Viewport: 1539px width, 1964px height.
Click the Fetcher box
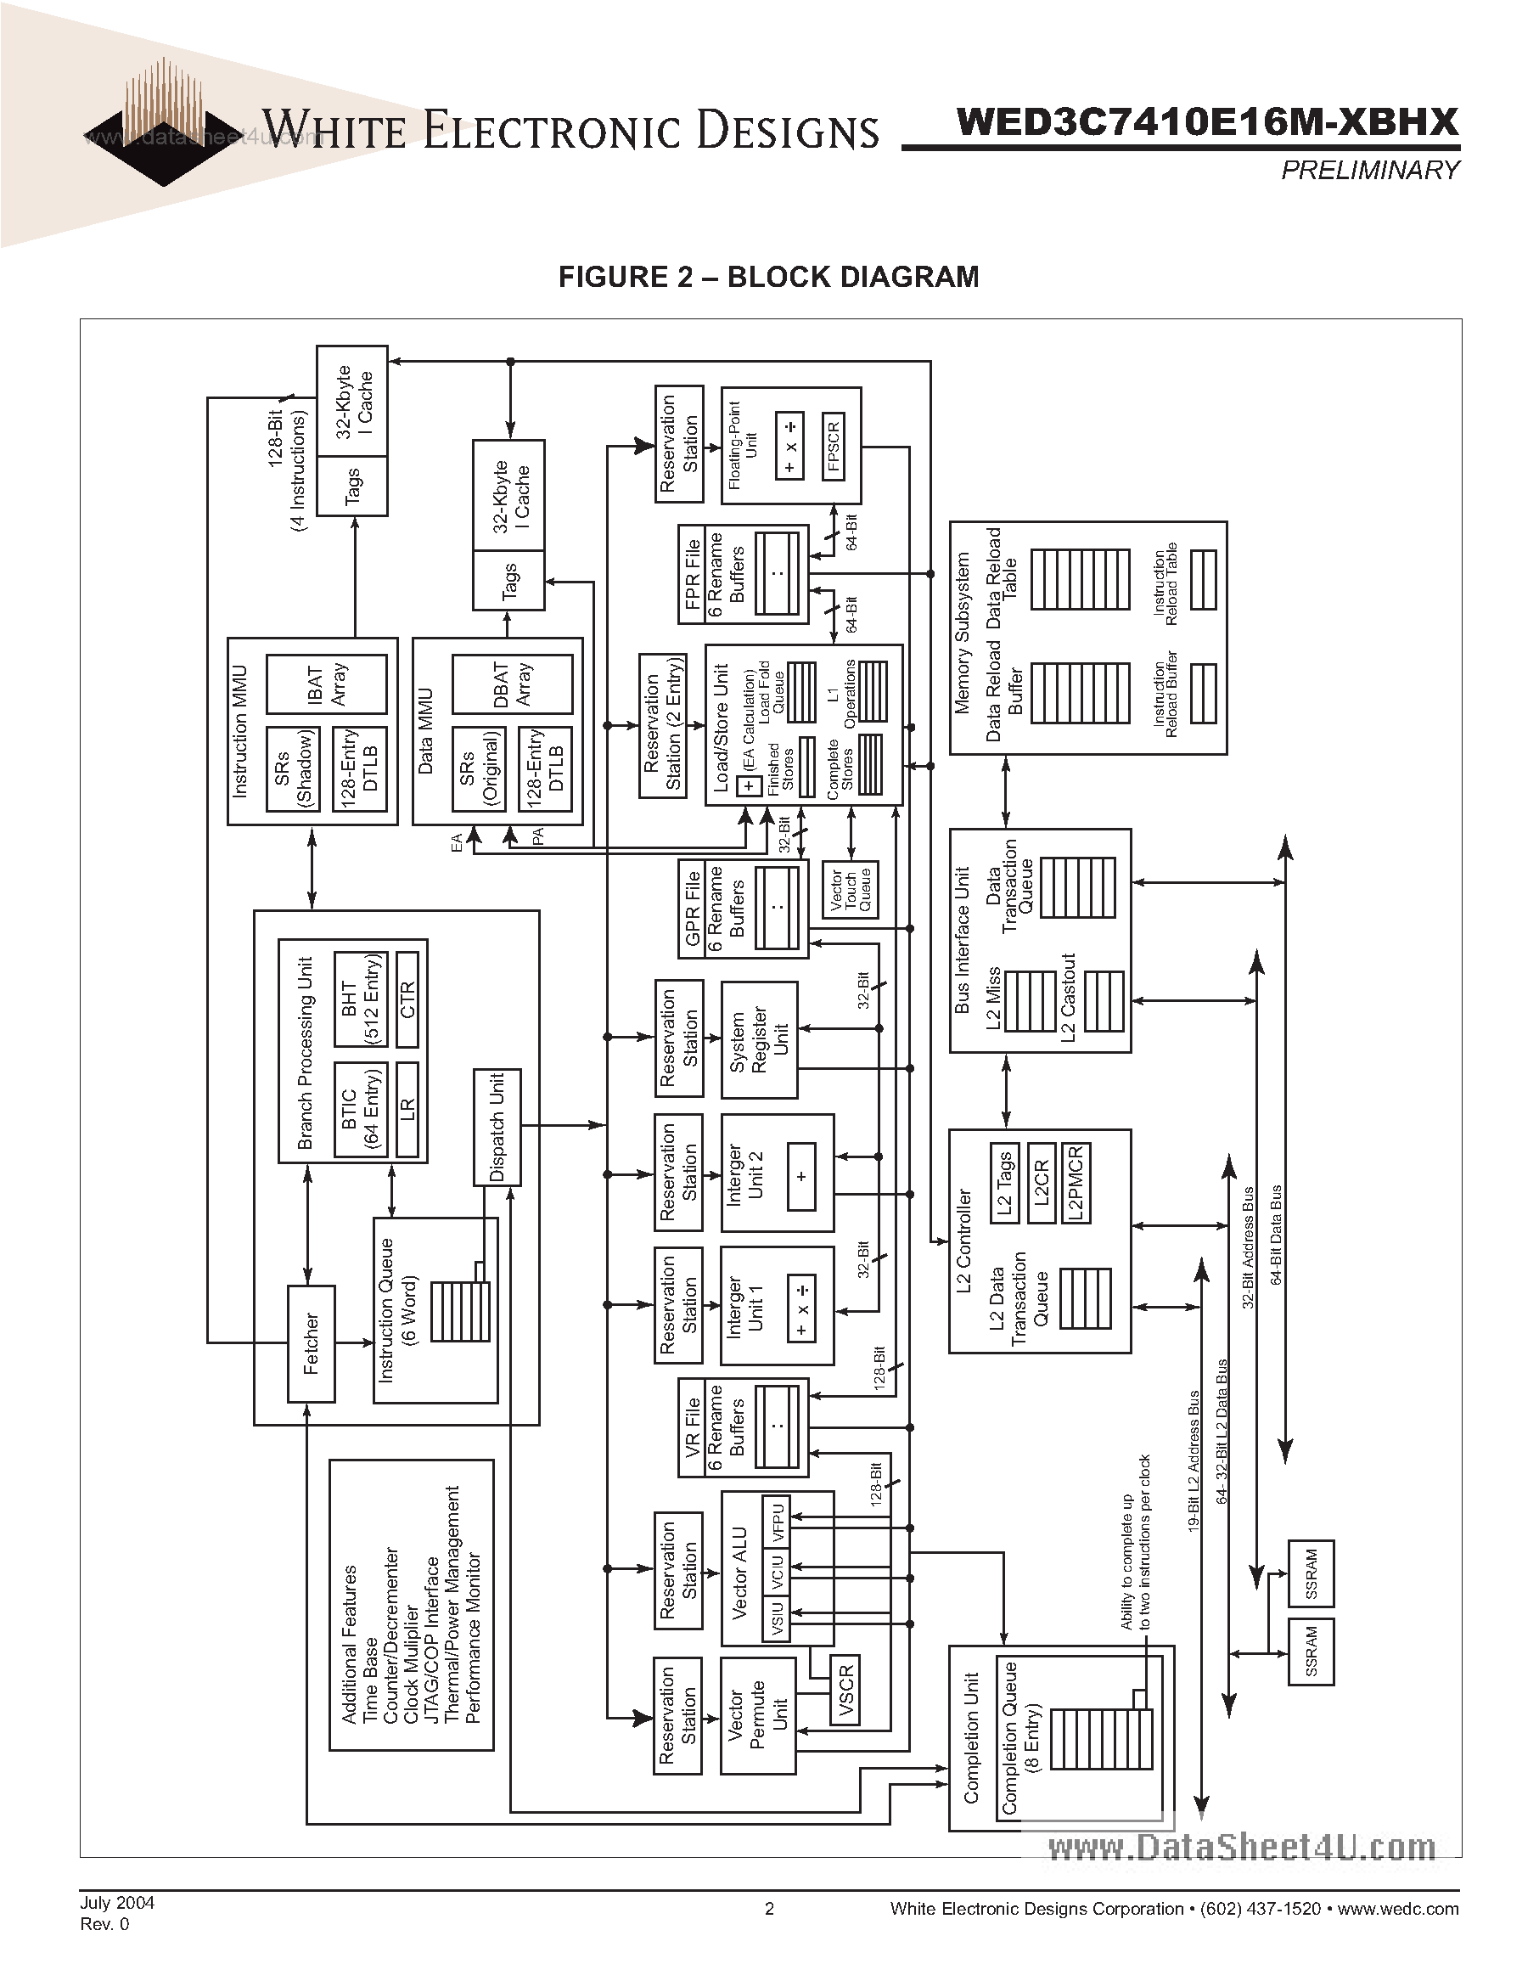click(311, 1343)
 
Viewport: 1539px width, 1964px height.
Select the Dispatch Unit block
click(497, 1127)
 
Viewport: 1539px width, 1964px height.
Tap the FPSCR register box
click(834, 446)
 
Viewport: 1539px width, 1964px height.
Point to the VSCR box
click(845, 1690)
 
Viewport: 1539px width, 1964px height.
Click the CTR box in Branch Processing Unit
click(407, 999)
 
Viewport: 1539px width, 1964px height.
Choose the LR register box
click(407, 1110)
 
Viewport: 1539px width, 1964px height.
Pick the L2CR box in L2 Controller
click(1041, 1183)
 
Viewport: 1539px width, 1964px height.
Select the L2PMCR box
click(1076, 1183)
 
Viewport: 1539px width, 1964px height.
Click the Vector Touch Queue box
click(851, 890)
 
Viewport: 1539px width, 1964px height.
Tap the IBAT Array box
click(327, 684)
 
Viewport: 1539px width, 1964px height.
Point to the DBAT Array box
click(512, 684)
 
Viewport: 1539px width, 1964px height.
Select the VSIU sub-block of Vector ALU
click(777, 1618)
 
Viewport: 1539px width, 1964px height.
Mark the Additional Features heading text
click(350, 1644)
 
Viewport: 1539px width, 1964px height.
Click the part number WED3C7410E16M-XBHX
click(1206, 121)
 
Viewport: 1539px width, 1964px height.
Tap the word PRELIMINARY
click(1369, 170)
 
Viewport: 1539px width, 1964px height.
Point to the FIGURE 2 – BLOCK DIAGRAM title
click(768, 277)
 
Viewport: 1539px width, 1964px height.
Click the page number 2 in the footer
click(769, 1908)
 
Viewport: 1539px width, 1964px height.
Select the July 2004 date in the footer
click(117, 1902)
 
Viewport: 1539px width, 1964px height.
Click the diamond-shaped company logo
click(162, 135)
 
